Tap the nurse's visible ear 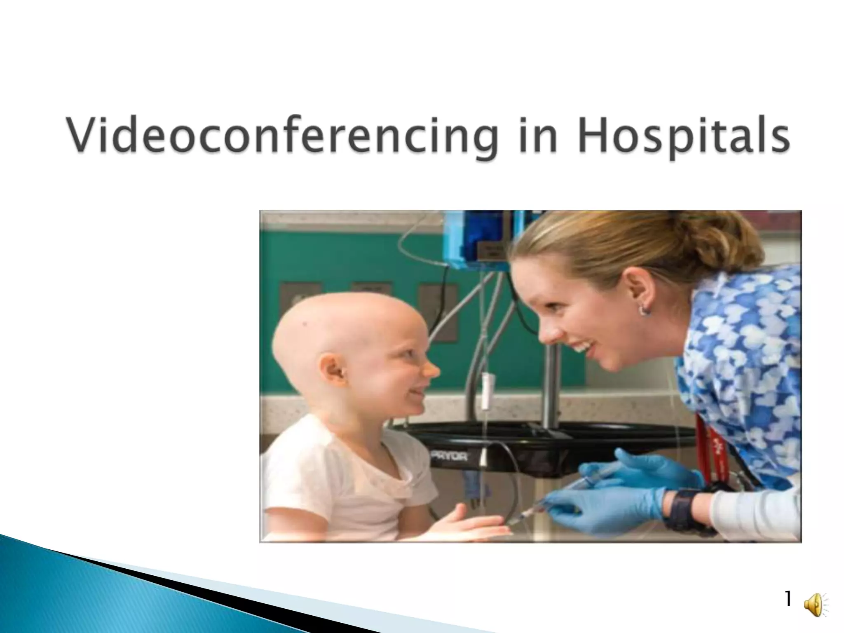637,288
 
